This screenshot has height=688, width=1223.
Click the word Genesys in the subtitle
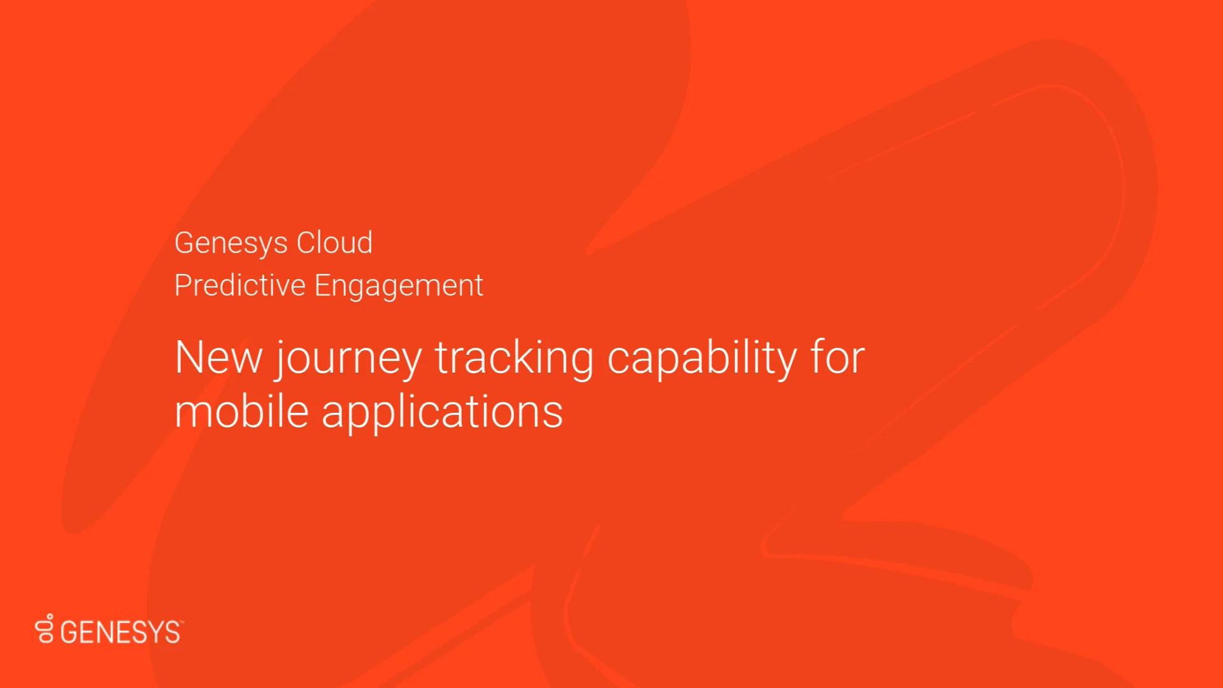click(x=231, y=243)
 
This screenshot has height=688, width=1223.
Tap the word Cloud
click(x=334, y=243)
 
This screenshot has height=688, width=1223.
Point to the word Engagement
click(x=399, y=286)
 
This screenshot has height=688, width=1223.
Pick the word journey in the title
click(x=348, y=359)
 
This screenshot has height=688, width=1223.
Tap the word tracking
click(x=514, y=358)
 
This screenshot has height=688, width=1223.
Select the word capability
click(x=702, y=359)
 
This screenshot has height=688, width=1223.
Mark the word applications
click(x=442, y=413)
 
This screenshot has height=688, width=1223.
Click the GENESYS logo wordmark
click(x=120, y=632)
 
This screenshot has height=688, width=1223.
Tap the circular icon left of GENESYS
click(x=45, y=629)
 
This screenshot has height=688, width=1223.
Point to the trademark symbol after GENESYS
click(x=182, y=622)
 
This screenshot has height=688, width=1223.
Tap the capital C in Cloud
click(x=307, y=243)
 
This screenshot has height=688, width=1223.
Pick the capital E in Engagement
click(x=322, y=285)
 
